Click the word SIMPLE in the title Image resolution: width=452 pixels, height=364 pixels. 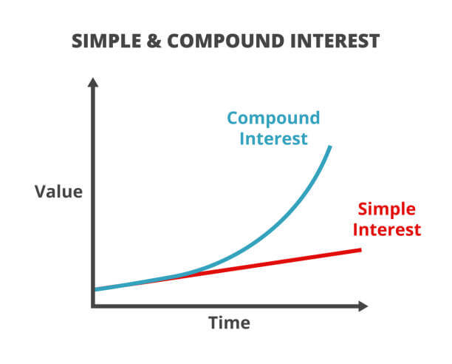(x=106, y=41)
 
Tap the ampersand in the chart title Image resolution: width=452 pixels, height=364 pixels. (x=154, y=41)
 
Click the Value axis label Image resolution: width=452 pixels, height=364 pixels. (x=58, y=192)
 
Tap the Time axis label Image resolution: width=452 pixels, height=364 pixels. (x=229, y=323)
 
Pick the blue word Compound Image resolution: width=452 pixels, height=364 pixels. (x=273, y=119)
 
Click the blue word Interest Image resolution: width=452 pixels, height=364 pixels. (x=273, y=139)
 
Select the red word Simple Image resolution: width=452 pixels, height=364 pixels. (x=386, y=209)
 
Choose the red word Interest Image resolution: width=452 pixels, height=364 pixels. (x=387, y=230)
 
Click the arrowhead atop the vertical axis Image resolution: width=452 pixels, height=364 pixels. (x=93, y=82)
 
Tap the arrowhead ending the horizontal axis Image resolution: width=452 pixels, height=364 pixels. (x=363, y=306)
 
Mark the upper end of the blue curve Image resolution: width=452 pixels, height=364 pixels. (x=330, y=146)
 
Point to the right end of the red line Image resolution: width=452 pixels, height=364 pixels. (x=360, y=250)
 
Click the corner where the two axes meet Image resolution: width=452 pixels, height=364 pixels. (x=93, y=306)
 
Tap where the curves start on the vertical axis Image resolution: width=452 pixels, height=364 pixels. (x=95, y=289)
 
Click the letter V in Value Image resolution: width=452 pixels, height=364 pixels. (x=41, y=192)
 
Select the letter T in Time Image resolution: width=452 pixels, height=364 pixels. (x=214, y=323)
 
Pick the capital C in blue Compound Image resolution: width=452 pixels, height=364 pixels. (x=233, y=118)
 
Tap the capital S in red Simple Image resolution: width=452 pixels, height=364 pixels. (x=363, y=209)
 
